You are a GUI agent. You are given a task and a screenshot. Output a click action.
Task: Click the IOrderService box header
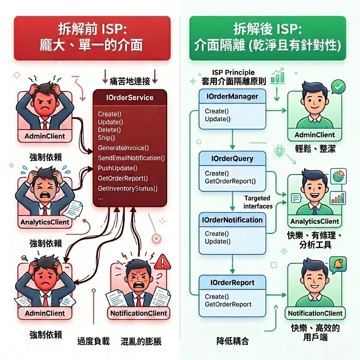[x=130, y=97]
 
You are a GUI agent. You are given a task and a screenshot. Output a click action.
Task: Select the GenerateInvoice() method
[x=123, y=148]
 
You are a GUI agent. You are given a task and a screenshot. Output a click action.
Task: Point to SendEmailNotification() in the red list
[x=131, y=158]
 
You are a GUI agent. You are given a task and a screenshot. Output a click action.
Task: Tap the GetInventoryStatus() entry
[x=128, y=188]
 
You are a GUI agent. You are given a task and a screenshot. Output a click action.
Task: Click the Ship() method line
[x=107, y=138]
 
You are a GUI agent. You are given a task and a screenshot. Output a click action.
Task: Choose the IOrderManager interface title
[x=232, y=96]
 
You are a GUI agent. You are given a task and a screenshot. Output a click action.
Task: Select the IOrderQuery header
[x=232, y=159]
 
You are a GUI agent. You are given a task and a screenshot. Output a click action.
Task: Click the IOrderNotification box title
[x=232, y=220]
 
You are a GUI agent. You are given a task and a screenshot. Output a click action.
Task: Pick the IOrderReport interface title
[x=232, y=283]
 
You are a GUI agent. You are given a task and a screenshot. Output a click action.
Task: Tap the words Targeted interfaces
[x=258, y=202]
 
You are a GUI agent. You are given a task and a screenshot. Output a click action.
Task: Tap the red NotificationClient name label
[x=139, y=313]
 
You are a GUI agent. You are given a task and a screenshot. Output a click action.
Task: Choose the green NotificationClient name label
[x=315, y=313]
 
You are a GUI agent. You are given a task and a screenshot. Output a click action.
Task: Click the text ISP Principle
[x=233, y=73]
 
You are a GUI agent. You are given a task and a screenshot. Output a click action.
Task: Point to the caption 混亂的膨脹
[x=141, y=341]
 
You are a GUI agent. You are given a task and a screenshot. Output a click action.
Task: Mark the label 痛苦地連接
[x=130, y=81]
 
